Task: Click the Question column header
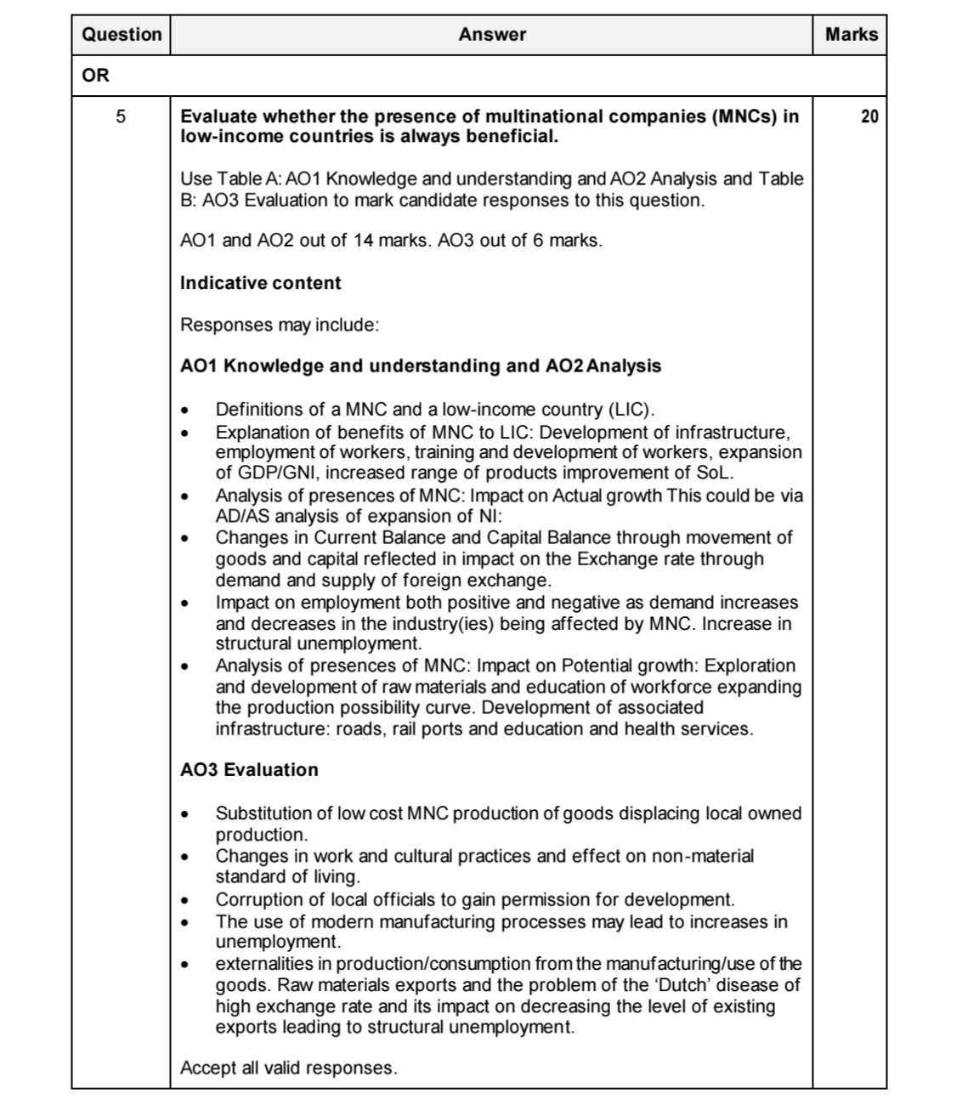pos(121,35)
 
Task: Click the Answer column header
pos(491,35)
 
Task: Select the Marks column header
pos(851,35)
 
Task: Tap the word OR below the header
pos(95,76)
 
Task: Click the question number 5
pos(121,117)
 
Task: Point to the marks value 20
pos(869,117)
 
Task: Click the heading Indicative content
pos(260,283)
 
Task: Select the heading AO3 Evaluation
pos(249,770)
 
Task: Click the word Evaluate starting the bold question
pos(218,116)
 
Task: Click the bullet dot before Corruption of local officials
pos(184,900)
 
